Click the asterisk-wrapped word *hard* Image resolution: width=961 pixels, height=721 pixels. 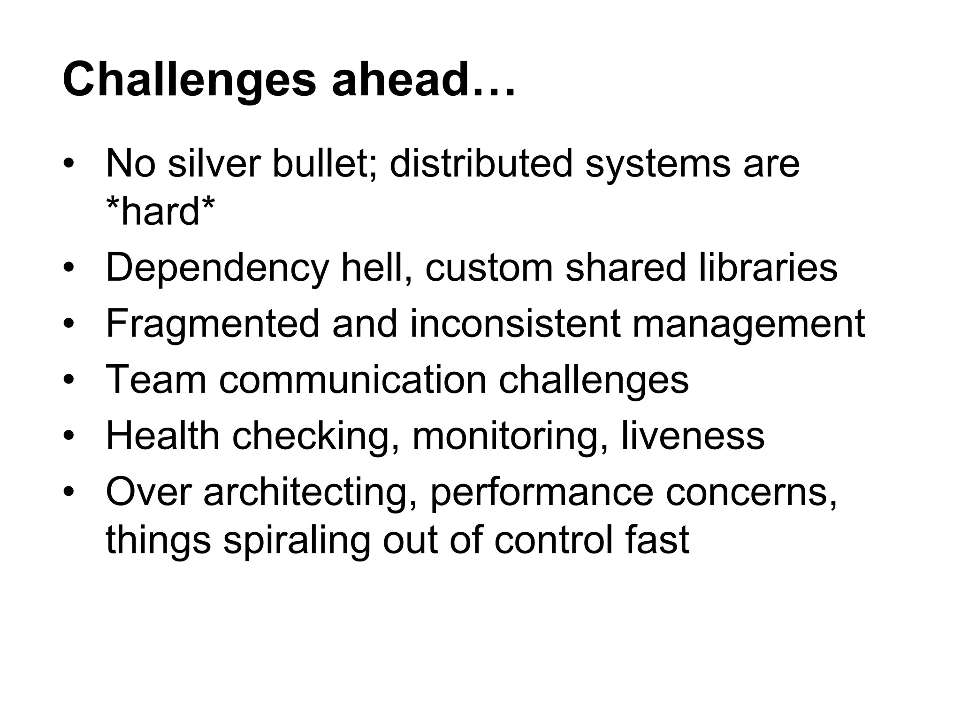pos(160,211)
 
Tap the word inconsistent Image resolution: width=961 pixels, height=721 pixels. pos(514,324)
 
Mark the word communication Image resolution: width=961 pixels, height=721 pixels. pos(352,380)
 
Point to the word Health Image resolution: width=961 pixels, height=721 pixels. pos(163,437)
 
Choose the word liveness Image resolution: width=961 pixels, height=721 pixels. pos(693,437)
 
